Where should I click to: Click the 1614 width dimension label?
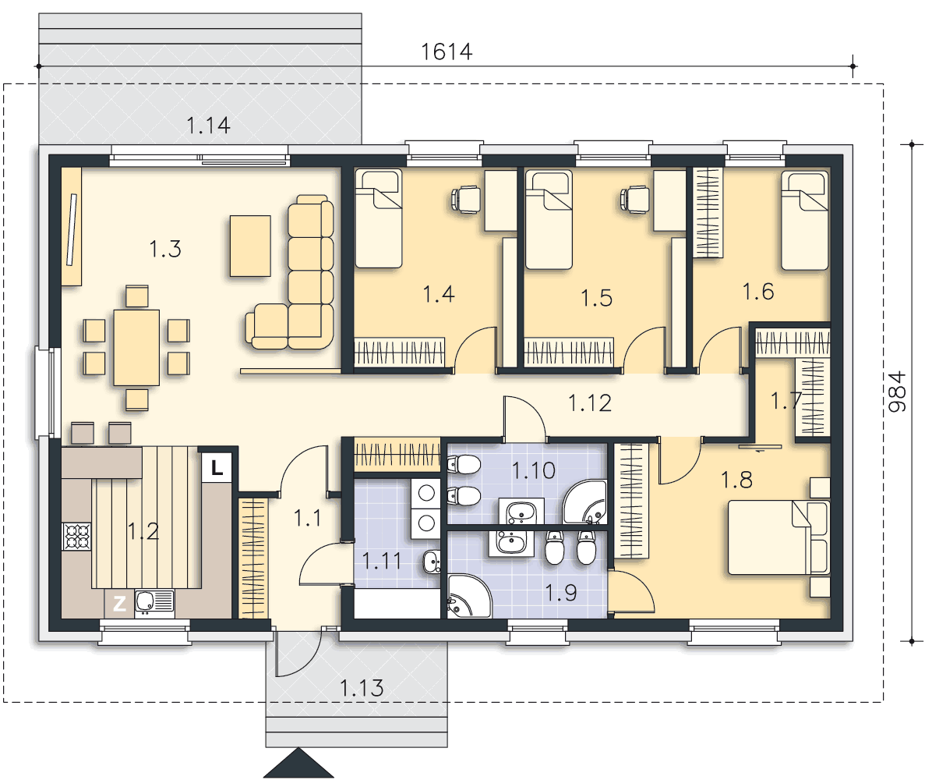pyautogui.click(x=447, y=52)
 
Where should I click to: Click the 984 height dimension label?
pyautogui.click(x=897, y=392)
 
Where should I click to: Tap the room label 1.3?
pyautogui.click(x=165, y=249)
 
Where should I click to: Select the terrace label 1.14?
pyautogui.click(x=208, y=125)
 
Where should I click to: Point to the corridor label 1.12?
pyautogui.click(x=590, y=403)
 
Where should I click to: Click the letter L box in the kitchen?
pyautogui.click(x=217, y=468)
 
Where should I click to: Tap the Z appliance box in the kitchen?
pyautogui.click(x=120, y=604)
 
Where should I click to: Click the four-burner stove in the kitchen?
pyautogui.click(x=76, y=537)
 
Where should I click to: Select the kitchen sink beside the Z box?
pyautogui.click(x=154, y=603)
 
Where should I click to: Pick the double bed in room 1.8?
pyautogui.click(x=778, y=537)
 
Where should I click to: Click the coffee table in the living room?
pyautogui.click(x=250, y=246)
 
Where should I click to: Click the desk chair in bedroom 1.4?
pyautogui.click(x=465, y=198)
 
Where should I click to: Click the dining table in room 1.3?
pyautogui.click(x=136, y=348)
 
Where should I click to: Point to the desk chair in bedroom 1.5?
pyautogui.click(x=634, y=198)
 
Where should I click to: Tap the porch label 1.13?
pyautogui.click(x=362, y=688)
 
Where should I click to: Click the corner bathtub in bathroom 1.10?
pyautogui.click(x=584, y=502)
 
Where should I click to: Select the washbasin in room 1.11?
pyautogui.click(x=432, y=562)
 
